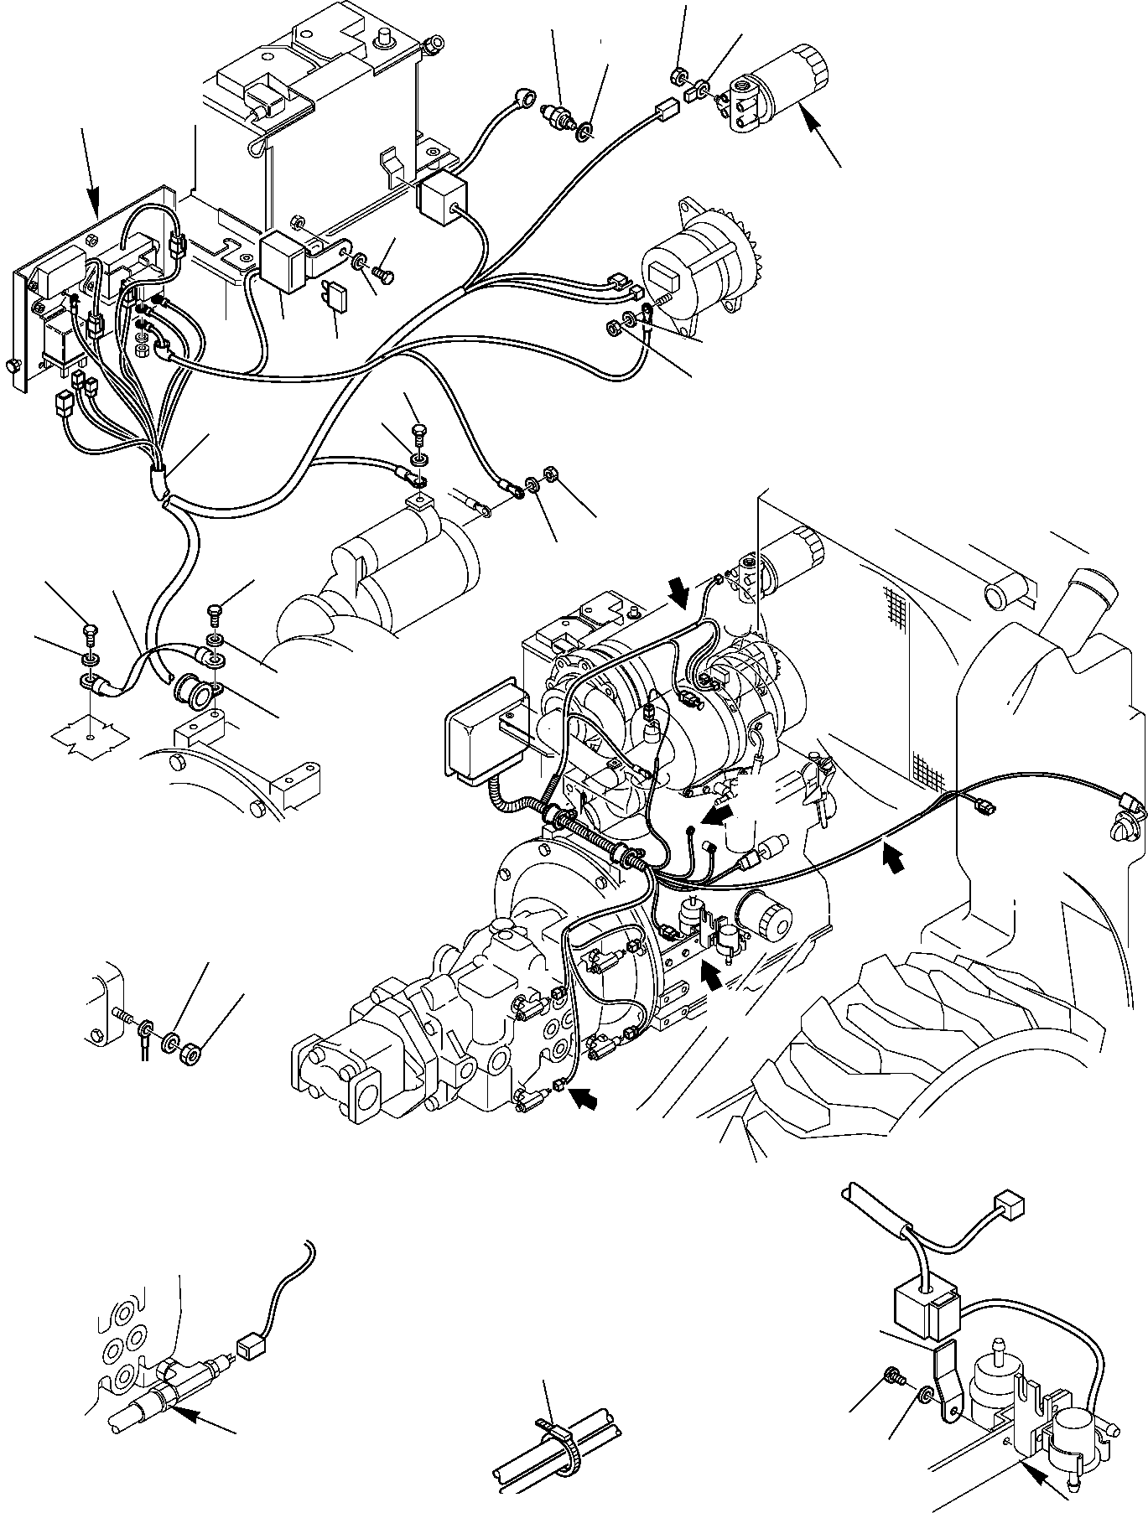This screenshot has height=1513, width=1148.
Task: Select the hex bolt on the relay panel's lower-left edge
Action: tap(13, 366)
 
